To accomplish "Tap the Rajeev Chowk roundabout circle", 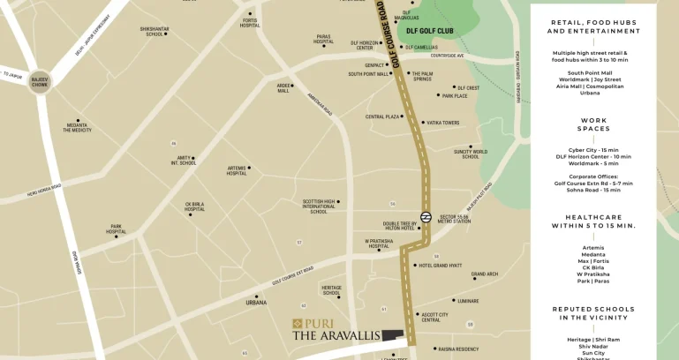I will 41,80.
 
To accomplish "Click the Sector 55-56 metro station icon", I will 426,217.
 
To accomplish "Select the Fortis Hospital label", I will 250,23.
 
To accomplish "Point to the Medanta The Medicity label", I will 77,128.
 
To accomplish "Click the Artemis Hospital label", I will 237,171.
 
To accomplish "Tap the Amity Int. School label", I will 184,161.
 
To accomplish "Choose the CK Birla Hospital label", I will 194,207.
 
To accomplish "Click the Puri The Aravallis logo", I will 337,329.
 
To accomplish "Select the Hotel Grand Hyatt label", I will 440,266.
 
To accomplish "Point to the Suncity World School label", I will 470,154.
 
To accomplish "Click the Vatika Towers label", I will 443,123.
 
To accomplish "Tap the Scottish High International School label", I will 318,206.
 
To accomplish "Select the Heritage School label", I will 331,290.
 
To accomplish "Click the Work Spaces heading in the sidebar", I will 593,124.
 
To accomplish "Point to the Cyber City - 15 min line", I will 593,150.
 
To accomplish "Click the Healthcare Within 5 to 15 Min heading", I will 593,221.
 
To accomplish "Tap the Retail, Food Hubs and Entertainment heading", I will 593,26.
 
